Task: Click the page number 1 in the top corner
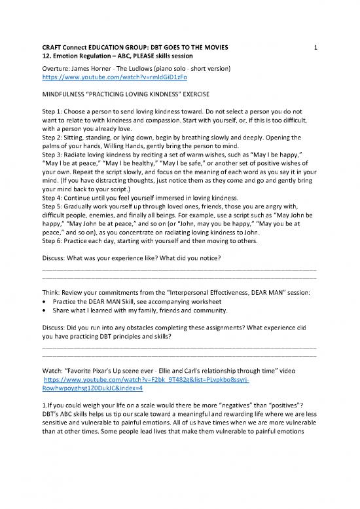point(315,48)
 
